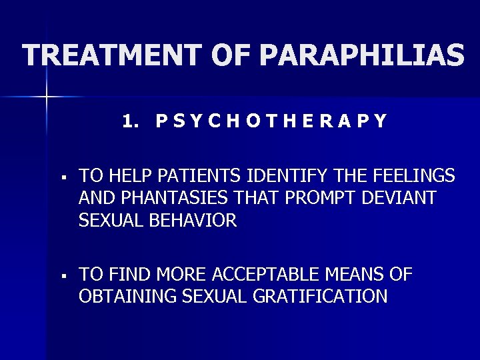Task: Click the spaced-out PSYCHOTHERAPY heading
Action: tap(271, 121)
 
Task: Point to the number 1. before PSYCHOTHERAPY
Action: tap(131, 121)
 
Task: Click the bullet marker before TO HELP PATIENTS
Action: tap(62, 177)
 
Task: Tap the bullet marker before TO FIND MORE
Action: tap(62, 274)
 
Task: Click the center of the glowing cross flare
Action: tap(47, 97)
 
